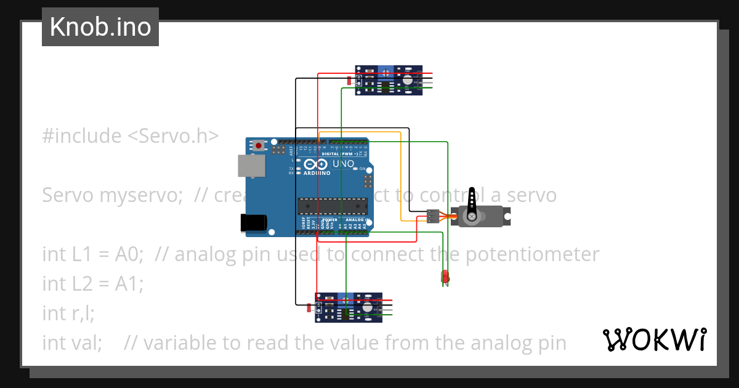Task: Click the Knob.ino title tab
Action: (100, 27)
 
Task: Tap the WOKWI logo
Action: (654, 339)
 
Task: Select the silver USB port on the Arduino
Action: (251, 166)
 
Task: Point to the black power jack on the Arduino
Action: (254, 222)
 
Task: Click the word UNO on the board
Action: (343, 164)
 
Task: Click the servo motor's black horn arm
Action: (472, 204)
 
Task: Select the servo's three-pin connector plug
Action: (433, 216)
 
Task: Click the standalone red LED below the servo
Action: (445, 277)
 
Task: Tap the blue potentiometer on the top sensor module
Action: (386, 73)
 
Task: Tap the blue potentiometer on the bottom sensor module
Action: (346, 301)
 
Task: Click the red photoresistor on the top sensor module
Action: (350, 81)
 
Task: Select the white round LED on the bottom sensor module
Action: (368, 307)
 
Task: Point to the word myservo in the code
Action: (141, 195)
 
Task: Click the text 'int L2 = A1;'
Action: (92, 284)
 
